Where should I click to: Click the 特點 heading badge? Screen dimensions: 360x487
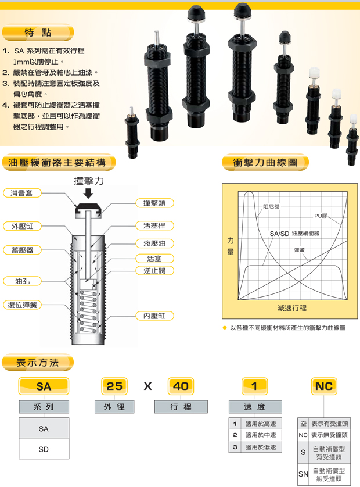coord(38,33)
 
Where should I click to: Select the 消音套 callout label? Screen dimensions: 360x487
coord(22,193)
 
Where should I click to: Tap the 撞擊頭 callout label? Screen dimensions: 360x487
coord(154,203)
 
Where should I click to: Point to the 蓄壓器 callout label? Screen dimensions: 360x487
coord(22,250)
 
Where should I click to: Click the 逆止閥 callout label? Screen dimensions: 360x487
coord(154,270)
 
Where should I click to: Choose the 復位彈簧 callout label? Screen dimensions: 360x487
coord(22,305)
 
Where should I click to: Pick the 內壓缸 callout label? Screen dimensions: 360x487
coord(154,316)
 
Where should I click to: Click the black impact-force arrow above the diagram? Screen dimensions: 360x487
coord(88,193)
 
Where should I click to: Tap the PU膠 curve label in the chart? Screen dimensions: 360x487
coord(321,216)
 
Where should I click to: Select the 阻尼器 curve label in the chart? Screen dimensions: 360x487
coord(271,206)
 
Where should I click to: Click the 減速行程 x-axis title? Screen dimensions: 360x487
coord(291,308)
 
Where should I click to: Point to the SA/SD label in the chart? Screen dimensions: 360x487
coord(279,234)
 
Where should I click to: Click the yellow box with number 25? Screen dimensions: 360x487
coord(114,386)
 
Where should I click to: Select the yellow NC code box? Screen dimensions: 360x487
coord(323,386)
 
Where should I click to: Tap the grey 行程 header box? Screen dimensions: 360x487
coord(181,407)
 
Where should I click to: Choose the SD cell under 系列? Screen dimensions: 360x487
coord(44,449)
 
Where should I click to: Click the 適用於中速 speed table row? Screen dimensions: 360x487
coord(255,435)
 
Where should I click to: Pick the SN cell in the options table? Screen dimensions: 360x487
coord(303,474)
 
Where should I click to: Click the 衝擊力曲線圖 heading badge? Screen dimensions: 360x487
coord(265,162)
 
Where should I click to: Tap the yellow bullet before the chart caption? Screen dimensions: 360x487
coord(225,328)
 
